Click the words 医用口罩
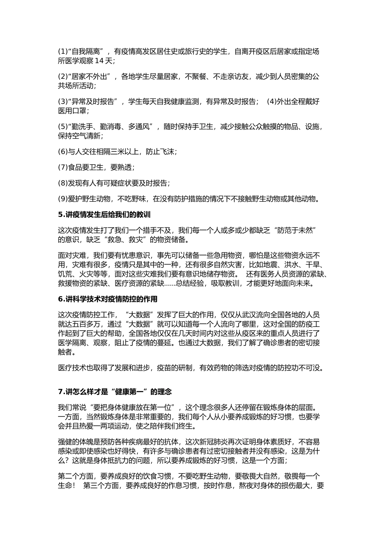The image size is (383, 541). pyautogui.click(x=72, y=111)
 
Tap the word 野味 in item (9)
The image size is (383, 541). pyautogui.click(x=136, y=198)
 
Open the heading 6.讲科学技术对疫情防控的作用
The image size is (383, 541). pyautogui.click(x=108, y=299)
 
